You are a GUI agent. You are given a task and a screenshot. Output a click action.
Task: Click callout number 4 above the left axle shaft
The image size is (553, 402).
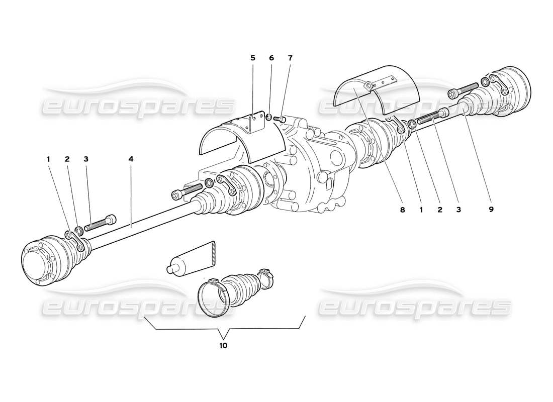pos(131,159)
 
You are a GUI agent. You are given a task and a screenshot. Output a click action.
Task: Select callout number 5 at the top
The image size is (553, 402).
pos(253,58)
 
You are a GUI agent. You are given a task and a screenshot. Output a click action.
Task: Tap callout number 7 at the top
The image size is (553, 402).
pos(290,58)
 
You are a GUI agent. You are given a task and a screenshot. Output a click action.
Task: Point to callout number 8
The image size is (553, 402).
pos(402,210)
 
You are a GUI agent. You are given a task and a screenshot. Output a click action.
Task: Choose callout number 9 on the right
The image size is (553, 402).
pos(491,210)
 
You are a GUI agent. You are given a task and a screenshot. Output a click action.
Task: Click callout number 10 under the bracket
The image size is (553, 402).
pos(223,346)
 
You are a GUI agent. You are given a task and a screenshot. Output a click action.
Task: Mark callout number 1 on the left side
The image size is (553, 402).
pos(49,159)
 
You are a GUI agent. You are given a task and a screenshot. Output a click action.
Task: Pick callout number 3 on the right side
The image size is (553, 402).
pos(458,210)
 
